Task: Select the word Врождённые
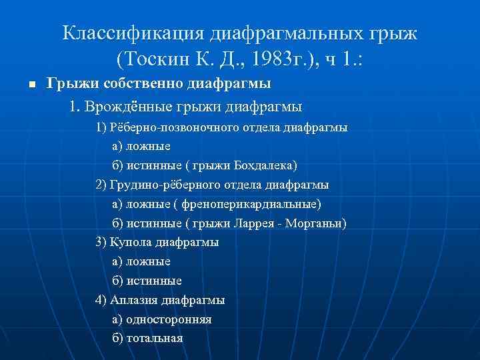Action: pyautogui.click(x=133, y=107)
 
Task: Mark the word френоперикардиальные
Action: pyautogui.click(x=254, y=204)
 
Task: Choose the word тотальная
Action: pyautogui.click(x=157, y=338)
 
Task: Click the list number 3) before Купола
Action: pyautogui.click(x=101, y=242)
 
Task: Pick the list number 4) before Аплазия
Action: pyautogui.click(x=101, y=300)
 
